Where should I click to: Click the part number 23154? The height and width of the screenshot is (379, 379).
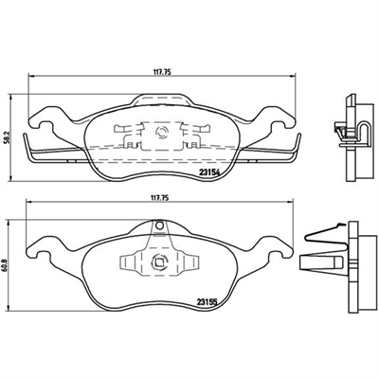[x=209, y=172]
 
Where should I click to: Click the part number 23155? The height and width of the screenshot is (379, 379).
[x=208, y=302]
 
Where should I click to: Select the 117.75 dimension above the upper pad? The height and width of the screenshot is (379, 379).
[x=162, y=72]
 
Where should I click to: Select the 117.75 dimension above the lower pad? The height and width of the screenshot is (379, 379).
[x=160, y=198]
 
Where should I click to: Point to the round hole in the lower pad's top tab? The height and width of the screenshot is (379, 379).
[x=160, y=226]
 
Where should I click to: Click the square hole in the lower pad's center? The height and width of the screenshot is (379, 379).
[x=158, y=262]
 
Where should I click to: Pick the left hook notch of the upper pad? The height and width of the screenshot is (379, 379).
[x=44, y=125]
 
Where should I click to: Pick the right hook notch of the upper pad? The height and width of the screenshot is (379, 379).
[x=280, y=125]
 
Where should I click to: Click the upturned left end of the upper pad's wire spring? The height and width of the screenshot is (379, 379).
[x=26, y=144]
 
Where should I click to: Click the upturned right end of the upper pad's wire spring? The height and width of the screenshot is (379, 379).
[x=298, y=144]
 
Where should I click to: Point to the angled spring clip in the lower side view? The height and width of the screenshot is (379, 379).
[x=325, y=234]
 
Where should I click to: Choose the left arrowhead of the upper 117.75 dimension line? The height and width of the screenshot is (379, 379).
[x=30, y=76]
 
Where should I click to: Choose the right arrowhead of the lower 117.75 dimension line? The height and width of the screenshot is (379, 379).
[x=291, y=202]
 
